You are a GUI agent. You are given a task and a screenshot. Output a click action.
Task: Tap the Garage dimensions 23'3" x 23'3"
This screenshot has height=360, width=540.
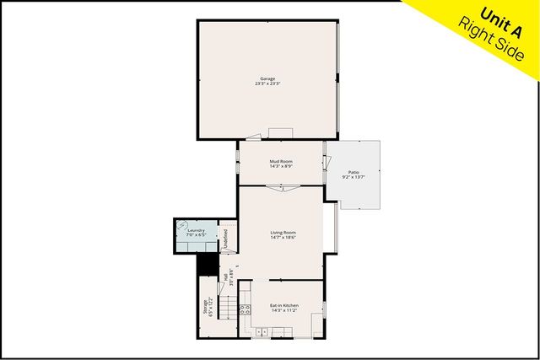point(267,84)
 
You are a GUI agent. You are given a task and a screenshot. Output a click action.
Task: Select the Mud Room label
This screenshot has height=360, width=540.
point(281,161)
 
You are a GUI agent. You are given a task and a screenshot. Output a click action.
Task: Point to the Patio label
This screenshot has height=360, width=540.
point(354,172)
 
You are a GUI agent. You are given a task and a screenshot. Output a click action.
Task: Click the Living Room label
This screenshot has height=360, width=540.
point(283,233)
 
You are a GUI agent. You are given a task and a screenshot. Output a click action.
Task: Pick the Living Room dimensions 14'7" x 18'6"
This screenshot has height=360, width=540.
point(283,238)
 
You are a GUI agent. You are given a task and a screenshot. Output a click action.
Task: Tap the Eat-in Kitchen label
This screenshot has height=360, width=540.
point(284,304)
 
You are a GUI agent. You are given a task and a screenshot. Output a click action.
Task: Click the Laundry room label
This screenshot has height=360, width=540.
point(197,229)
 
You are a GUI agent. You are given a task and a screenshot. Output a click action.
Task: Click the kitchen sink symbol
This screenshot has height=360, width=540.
point(261,332)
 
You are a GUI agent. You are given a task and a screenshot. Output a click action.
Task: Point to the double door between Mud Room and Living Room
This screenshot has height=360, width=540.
point(282,189)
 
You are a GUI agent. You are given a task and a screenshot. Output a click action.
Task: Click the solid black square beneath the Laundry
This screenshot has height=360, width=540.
point(206,264)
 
